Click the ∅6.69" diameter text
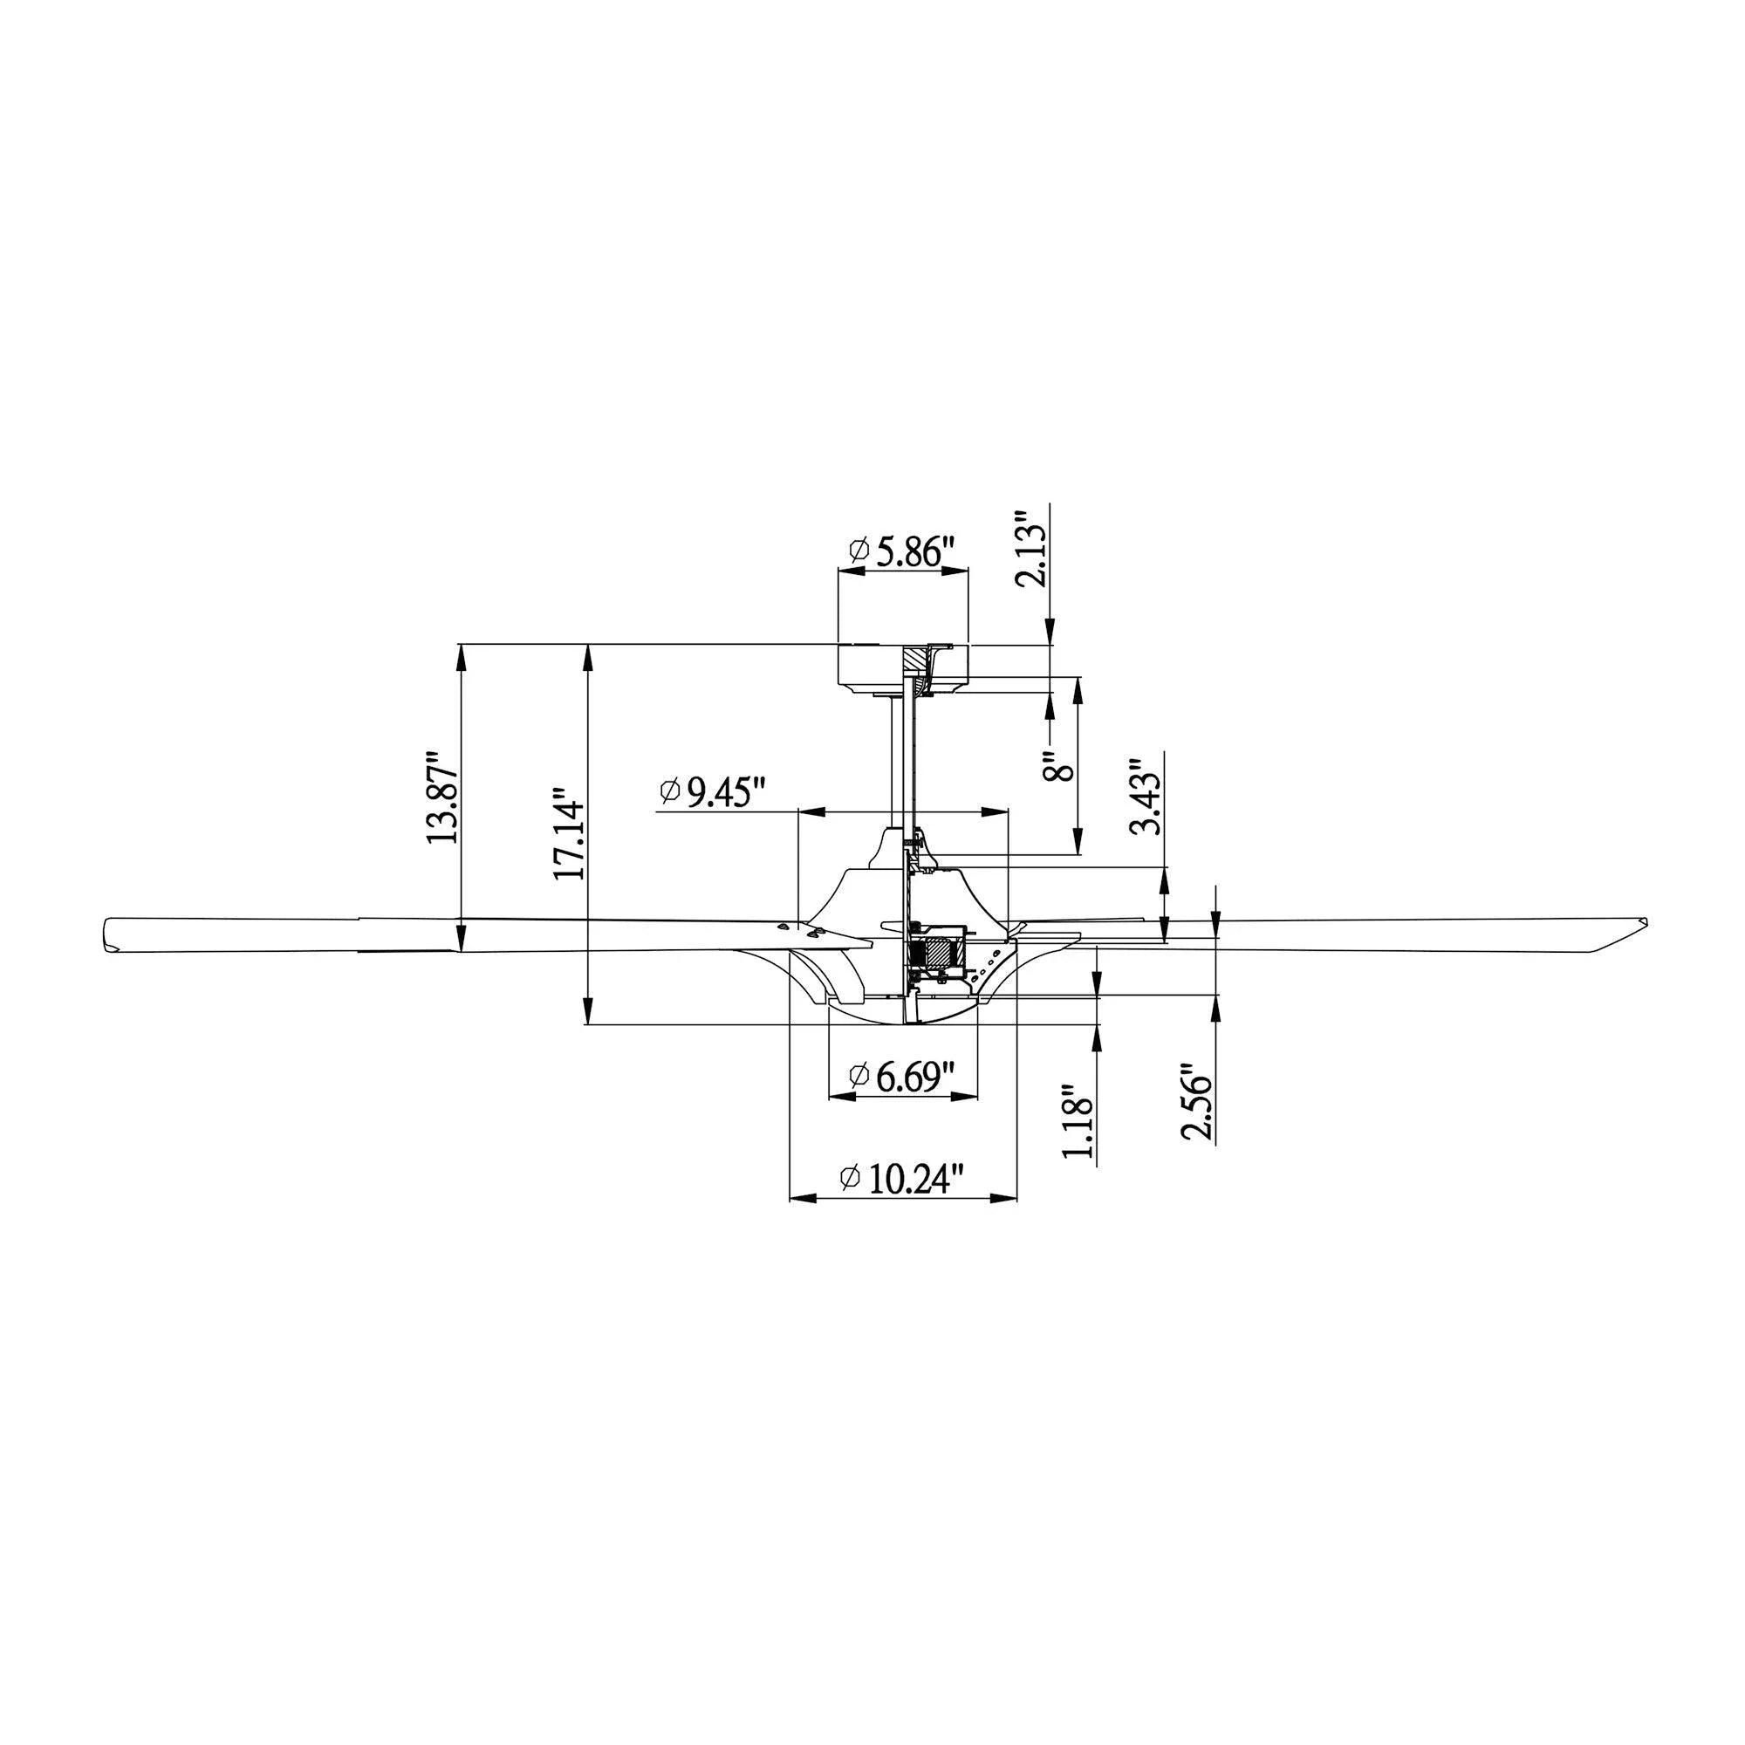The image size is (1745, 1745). tap(902, 1076)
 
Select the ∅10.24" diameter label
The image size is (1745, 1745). tap(902, 1178)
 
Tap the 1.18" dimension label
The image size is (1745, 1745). tap(1078, 1121)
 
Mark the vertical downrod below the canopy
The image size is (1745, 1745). tap(897, 759)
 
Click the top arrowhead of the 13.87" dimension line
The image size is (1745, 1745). tap(462, 654)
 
